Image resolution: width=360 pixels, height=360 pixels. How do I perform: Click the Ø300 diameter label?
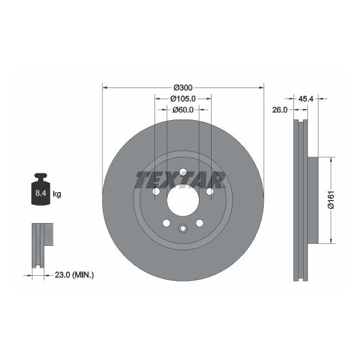coord(183,88)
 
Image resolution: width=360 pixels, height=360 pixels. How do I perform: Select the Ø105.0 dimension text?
coord(183,99)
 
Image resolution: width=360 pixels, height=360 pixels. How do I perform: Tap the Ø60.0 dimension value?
coord(183,110)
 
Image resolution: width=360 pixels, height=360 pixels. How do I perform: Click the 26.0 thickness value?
coord(280,110)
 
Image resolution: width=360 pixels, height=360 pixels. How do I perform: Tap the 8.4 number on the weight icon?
coord(41,194)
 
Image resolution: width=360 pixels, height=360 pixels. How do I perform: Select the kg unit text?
coord(56,194)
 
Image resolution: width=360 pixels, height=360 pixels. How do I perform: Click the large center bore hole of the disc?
coord(183,199)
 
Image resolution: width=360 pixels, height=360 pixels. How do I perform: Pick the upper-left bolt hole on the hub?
coord(156,191)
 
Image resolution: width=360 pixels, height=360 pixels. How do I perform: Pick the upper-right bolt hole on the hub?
coord(209,191)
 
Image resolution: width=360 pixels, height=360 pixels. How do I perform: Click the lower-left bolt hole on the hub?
coord(166,223)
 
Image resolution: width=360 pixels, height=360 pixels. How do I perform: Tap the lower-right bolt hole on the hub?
coord(199,223)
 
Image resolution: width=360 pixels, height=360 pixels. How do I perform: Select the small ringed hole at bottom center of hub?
coord(183,228)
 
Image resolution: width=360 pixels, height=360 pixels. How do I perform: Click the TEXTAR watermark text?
coord(181,179)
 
